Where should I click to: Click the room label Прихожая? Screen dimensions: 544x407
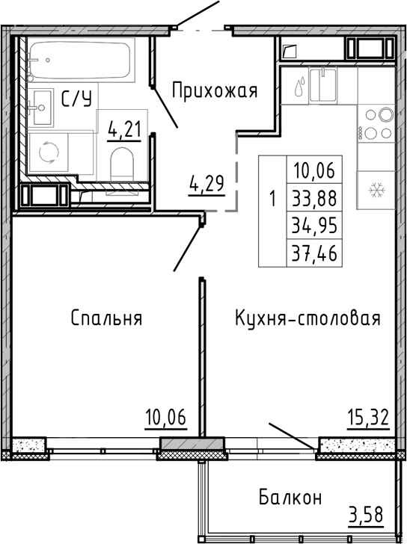[214, 91]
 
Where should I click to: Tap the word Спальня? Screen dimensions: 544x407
[106, 318]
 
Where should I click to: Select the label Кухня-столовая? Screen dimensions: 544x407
[307, 318]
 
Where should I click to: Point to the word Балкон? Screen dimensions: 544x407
[291, 497]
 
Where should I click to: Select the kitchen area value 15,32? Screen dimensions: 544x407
[368, 416]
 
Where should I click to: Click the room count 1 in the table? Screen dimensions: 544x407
[272, 199]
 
